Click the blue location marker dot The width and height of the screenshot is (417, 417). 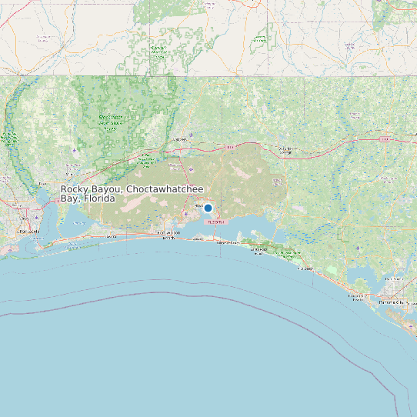tap(208, 208)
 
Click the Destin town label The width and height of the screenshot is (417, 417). tap(198, 239)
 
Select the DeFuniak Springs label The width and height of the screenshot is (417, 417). tap(286, 149)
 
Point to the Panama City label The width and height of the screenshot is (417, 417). tap(400, 302)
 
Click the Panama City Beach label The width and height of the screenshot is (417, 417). tap(358, 297)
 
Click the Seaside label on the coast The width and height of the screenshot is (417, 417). tap(305, 269)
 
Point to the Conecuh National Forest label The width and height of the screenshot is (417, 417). tap(158, 52)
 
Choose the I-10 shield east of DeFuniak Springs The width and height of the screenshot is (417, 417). tap(383, 140)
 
